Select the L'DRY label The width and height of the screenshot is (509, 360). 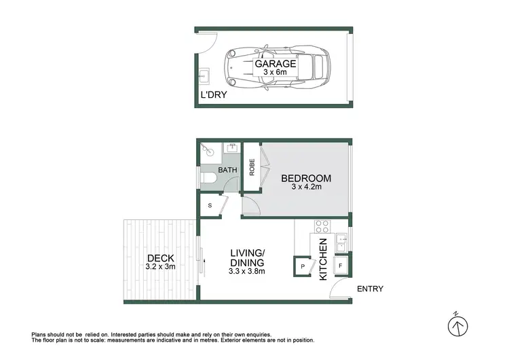[212, 96]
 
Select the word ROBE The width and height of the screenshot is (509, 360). [251, 168]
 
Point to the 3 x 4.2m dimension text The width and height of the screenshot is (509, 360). [305, 187]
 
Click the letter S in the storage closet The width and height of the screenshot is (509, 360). [210, 205]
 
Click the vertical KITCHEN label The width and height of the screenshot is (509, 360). [323, 261]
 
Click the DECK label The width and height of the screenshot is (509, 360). [160, 258]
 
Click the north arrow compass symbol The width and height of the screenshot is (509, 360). [459, 327]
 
